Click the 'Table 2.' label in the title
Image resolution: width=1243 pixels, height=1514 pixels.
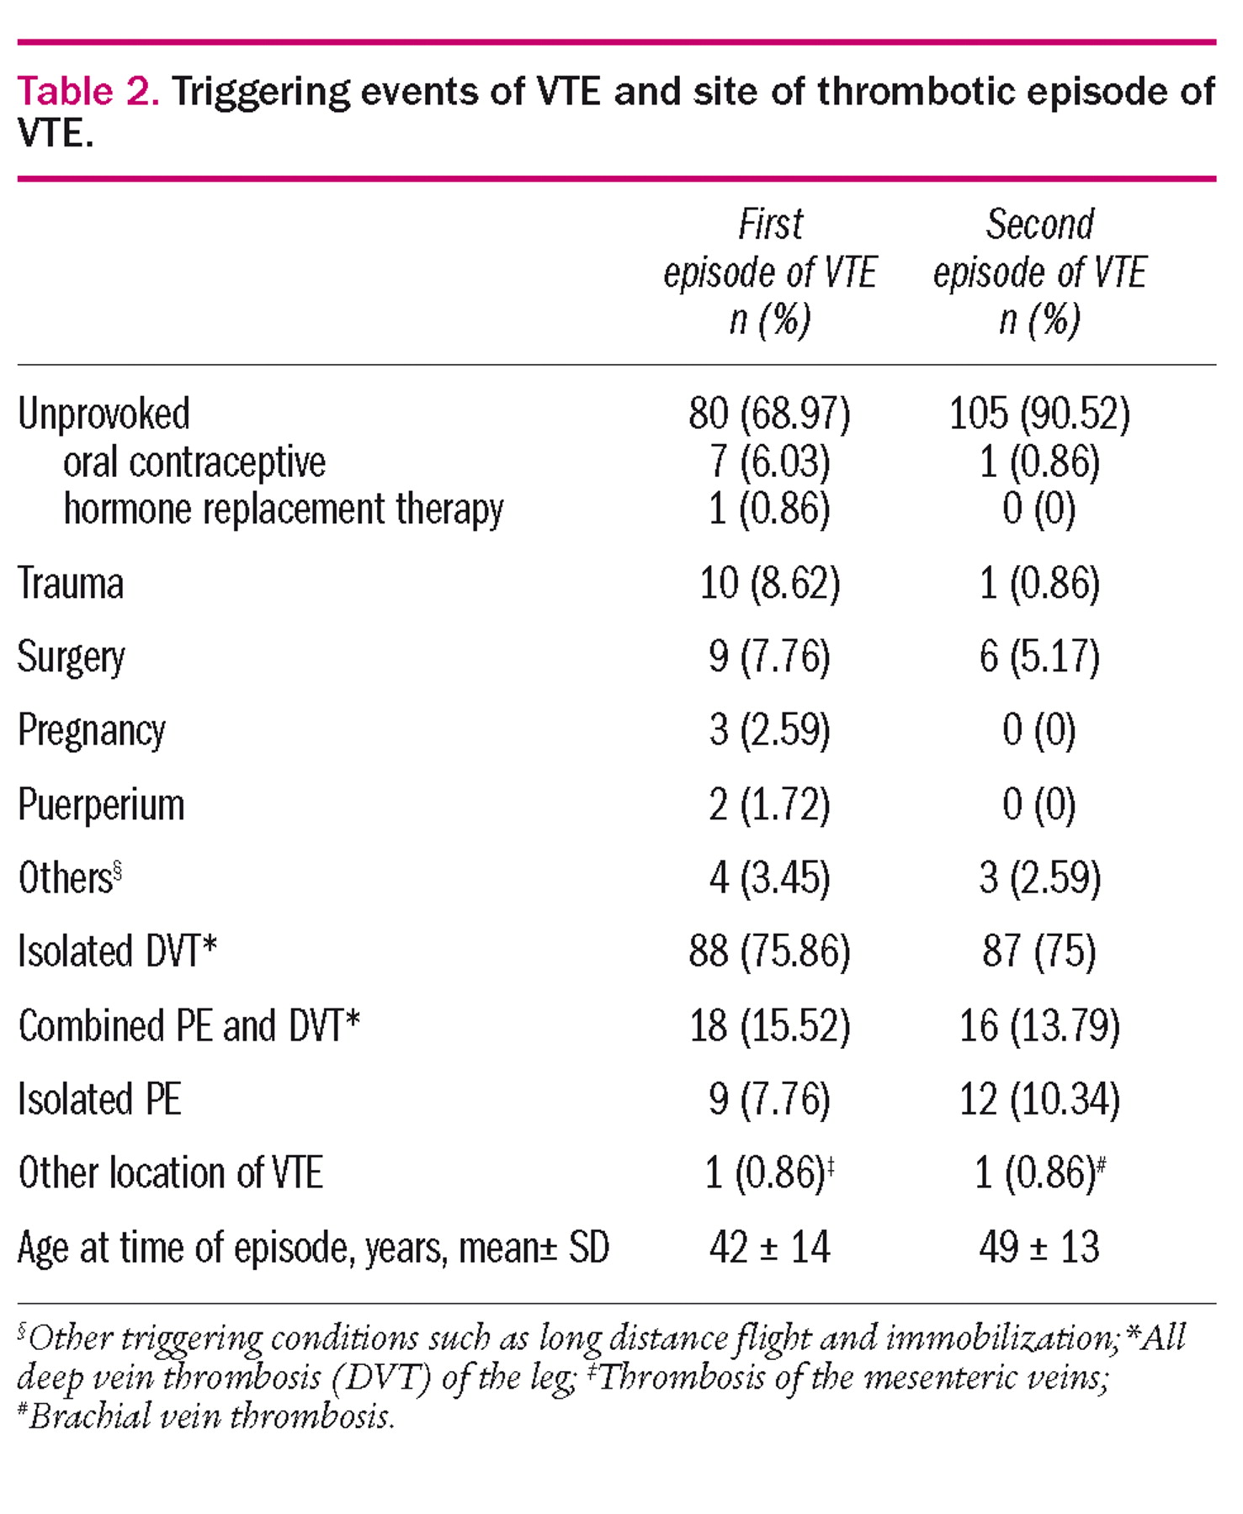click(88, 91)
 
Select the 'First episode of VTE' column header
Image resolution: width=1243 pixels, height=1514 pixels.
click(770, 272)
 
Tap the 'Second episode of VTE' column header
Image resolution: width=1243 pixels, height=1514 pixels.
click(1039, 272)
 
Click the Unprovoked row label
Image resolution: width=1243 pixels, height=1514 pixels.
click(104, 414)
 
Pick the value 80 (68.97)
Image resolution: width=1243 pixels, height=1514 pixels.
click(769, 414)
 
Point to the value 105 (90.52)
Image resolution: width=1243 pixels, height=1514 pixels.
click(1039, 414)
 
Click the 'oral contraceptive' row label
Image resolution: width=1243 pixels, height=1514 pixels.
click(194, 462)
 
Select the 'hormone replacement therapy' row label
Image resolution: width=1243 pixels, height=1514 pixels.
click(284, 510)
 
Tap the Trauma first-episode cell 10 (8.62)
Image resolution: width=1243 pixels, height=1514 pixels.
click(769, 583)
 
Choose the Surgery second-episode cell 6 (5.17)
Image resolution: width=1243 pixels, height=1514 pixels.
click(1039, 656)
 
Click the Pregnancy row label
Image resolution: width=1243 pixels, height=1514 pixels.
click(92, 731)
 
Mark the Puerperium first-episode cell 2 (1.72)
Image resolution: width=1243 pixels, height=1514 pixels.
click(769, 804)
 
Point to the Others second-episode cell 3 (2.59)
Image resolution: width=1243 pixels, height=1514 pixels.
click(1039, 878)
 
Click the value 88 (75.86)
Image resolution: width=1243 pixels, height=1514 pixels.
click(769, 951)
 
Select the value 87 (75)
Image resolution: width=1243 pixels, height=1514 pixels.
click(1039, 951)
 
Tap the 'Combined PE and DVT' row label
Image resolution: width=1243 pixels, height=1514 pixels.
click(189, 1026)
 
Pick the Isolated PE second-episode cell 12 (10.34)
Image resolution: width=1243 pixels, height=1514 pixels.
click(1039, 1099)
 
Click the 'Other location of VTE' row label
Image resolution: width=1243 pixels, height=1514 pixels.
click(171, 1173)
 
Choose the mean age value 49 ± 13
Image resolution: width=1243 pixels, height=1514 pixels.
click(1039, 1247)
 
